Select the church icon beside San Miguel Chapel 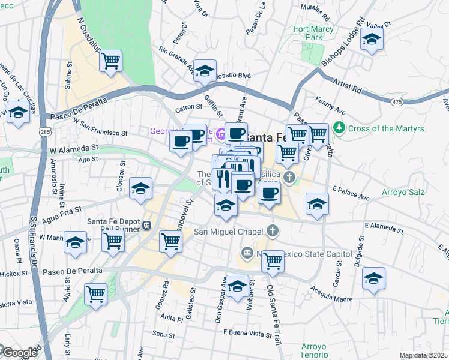(273, 230)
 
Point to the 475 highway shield (397, 103)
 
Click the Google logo (19, 353)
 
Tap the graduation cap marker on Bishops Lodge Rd (372, 40)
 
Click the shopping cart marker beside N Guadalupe (110, 61)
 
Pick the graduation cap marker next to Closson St (141, 188)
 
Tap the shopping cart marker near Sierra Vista (95, 295)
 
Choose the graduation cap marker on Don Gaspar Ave (237, 286)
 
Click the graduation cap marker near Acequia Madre (373, 278)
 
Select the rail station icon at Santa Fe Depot (146, 225)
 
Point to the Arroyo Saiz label (403, 193)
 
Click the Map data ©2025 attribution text (423, 355)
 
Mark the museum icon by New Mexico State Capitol (246, 253)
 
